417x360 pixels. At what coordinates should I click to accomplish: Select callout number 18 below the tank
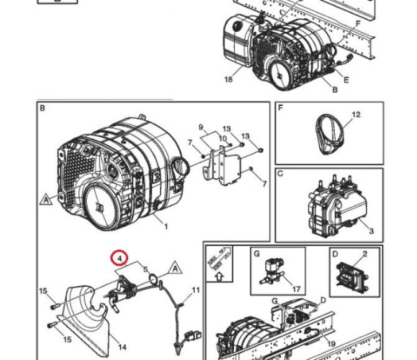point(228,79)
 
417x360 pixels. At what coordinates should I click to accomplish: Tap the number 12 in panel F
point(356,115)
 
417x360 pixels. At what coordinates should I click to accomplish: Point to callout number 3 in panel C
point(371,231)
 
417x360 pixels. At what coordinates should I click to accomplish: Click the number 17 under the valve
point(296,289)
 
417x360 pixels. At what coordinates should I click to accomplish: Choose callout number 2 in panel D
point(365,254)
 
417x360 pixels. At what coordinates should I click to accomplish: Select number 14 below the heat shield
point(122,347)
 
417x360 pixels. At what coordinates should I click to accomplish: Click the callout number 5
point(146,270)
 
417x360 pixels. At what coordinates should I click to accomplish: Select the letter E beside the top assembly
point(346,80)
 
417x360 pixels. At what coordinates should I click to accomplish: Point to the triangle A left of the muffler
point(46,199)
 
